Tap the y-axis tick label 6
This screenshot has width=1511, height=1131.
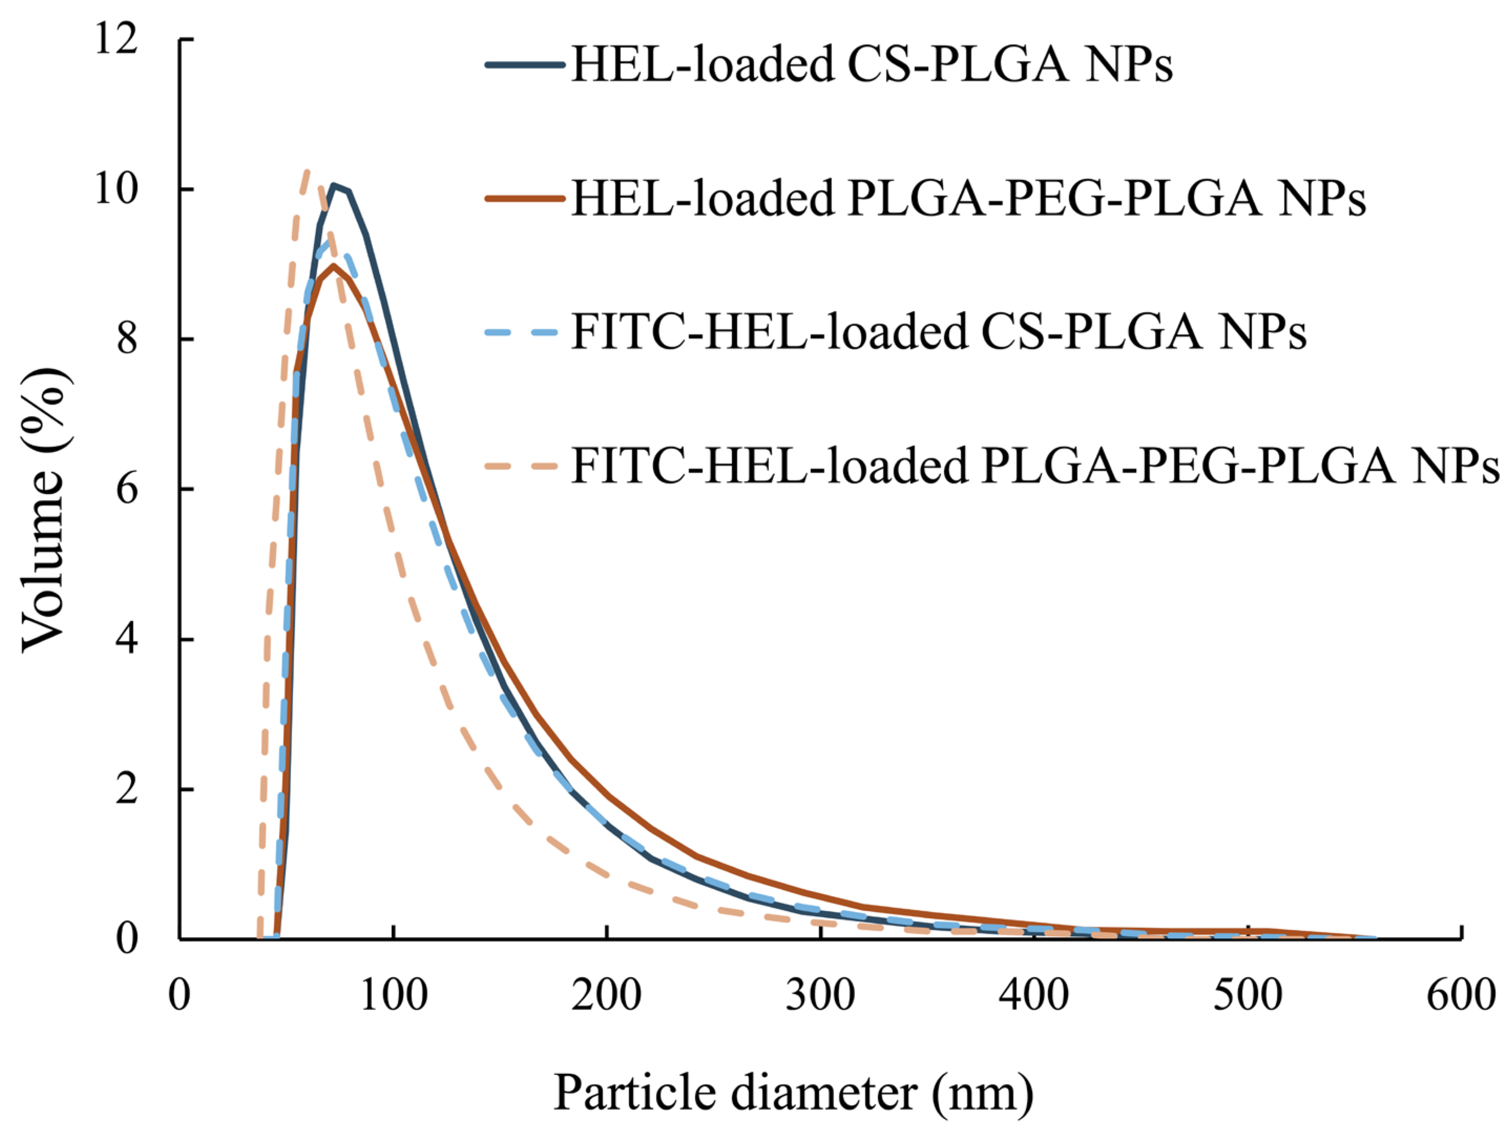click(127, 489)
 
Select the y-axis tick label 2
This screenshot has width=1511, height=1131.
click(127, 790)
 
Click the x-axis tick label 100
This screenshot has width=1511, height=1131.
click(393, 995)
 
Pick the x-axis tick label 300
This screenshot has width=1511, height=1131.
click(820, 995)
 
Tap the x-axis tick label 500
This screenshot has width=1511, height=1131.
click(1247, 995)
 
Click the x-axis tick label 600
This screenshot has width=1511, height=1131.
click(1461, 995)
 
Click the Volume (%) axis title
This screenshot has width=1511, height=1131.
click(45, 509)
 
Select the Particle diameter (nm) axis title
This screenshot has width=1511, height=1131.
click(793, 1092)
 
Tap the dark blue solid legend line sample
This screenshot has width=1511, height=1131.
click(525, 65)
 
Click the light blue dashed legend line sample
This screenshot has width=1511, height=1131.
click(525, 333)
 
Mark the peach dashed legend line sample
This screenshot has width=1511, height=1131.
click(525, 467)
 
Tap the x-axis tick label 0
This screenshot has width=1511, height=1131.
click(180, 995)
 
